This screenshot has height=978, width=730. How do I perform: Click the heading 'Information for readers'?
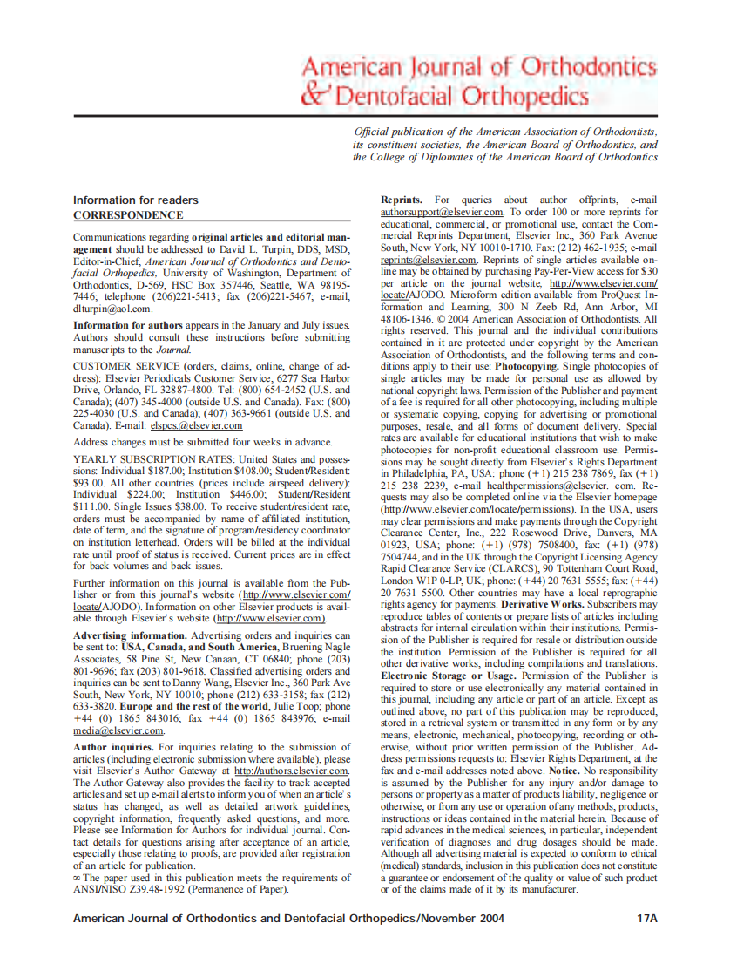click(135, 200)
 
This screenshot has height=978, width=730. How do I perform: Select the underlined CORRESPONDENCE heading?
click(128, 215)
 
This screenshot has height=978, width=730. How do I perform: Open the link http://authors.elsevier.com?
click(292, 771)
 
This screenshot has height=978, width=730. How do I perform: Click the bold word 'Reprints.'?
click(402, 200)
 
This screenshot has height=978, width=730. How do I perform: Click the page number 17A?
click(646, 919)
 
